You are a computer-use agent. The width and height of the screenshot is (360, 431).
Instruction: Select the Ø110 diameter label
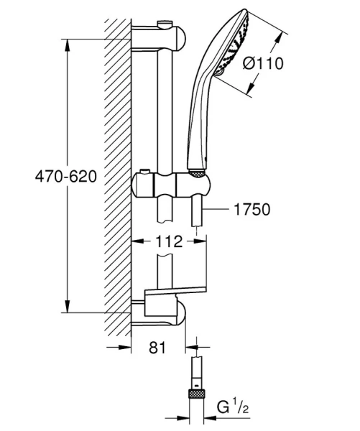point(263,64)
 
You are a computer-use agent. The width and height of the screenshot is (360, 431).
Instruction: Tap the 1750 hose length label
point(251,210)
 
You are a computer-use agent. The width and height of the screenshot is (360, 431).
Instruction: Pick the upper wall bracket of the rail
point(160,37)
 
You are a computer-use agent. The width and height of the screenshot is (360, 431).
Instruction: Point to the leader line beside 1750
point(217,210)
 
